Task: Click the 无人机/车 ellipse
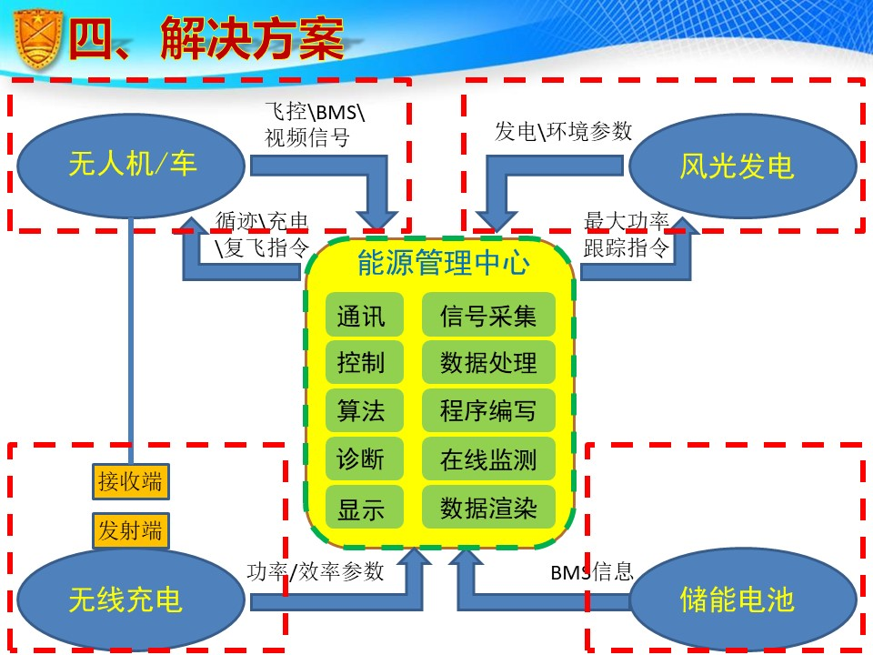tap(132, 165)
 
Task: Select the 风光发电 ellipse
tap(737, 166)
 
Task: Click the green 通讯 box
tap(361, 315)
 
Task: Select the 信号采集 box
tap(488, 315)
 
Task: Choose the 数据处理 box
tap(488, 363)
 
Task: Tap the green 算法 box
tap(361, 411)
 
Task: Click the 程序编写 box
tap(488, 411)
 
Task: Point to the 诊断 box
tap(361, 459)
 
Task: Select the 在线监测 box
tap(488, 459)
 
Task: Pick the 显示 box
tap(361, 508)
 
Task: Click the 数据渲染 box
tap(488, 508)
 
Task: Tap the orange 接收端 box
tap(131, 480)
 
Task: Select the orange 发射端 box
tap(131, 530)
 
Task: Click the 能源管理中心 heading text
tap(443, 264)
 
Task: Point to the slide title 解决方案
tap(253, 38)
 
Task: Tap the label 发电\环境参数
tap(563, 131)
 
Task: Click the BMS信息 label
tap(591, 572)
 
